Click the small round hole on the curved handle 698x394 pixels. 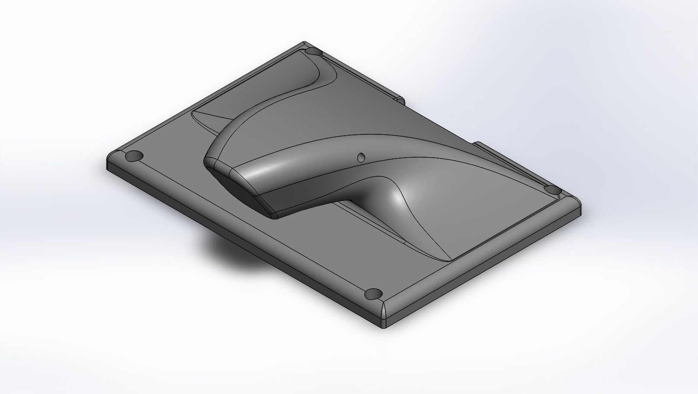(361, 157)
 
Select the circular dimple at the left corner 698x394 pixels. (134, 156)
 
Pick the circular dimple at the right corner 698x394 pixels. (551, 189)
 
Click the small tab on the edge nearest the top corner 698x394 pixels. (400, 101)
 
